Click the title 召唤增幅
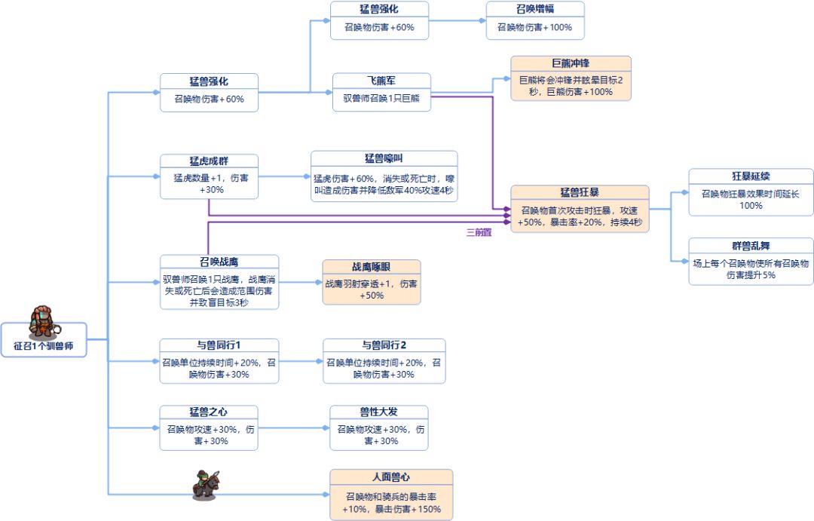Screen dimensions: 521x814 point(534,9)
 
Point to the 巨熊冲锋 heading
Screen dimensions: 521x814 point(571,64)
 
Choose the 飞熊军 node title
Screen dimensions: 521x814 point(381,81)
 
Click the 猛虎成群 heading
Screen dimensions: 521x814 point(209,161)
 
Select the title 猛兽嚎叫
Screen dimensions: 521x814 point(384,158)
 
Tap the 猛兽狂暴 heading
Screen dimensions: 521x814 point(580,193)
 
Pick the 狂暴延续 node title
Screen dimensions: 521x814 point(751,176)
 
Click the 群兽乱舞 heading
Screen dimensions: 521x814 point(751,246)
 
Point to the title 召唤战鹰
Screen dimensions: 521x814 point(219,262)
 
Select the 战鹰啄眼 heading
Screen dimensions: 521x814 point(372,267)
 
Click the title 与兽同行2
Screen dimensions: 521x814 point(384,345)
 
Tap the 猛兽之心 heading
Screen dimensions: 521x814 point(209,412)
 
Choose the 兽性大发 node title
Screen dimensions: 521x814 point(378,412)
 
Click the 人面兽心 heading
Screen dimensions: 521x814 point(391,477)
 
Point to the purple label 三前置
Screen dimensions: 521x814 point(479,232)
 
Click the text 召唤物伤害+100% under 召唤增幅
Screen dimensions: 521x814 point(534,27)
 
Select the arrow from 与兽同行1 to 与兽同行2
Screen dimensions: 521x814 point(301,360)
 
